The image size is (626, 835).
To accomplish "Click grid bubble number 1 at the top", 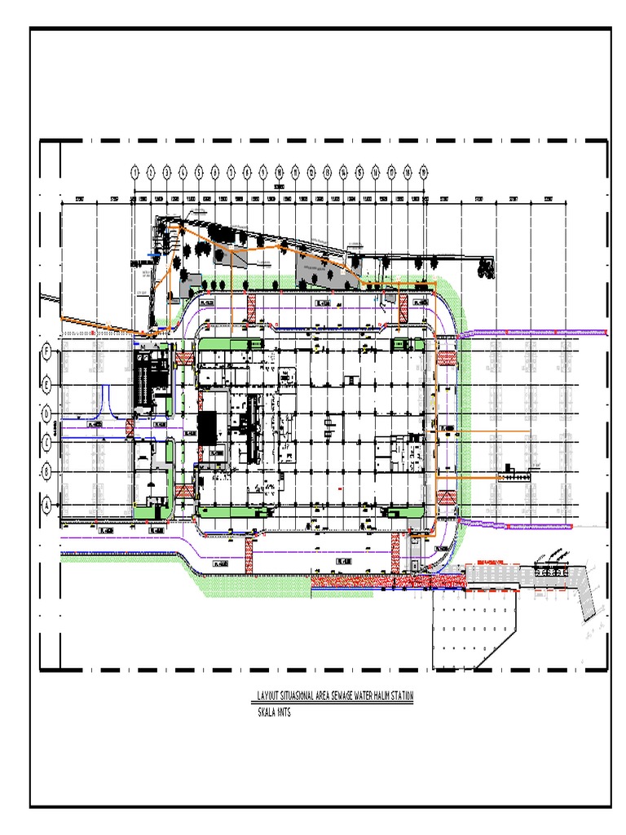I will pos(134,172).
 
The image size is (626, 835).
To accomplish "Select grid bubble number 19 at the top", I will pos(424,172).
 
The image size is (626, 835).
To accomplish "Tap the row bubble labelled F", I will pos(47,351).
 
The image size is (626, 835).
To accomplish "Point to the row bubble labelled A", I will pos(47,505).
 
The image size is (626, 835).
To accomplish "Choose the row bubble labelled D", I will pos(47,413).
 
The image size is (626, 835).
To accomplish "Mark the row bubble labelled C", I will pos(47,443).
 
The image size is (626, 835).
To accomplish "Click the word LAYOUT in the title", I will pos(267,696).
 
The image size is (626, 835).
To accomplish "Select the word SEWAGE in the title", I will pos(344,696).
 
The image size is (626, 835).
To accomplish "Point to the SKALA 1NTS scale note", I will pos(274,712).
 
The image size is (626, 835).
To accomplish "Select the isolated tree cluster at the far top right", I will pos(487,267).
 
